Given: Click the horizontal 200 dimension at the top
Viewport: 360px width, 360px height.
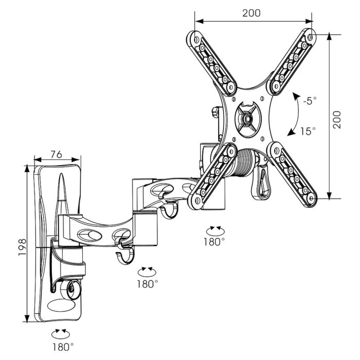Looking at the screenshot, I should click(251, 13).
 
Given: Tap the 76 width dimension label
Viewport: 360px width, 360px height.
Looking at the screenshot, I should click(57, 154).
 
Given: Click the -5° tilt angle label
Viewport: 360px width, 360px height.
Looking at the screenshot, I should click(310, 101).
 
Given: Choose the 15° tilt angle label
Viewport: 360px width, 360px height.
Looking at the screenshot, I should click(308, 131).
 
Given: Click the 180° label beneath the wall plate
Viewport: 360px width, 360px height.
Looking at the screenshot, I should click(62, 346).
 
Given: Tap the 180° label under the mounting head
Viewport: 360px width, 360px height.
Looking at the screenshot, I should click(214, 241).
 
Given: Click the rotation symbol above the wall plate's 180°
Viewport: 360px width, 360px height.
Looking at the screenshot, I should click(61, 333).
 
